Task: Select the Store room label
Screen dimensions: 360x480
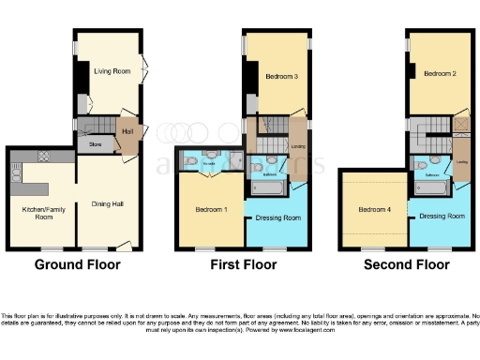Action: [x=95, y=145]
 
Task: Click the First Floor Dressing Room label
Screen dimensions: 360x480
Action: [x=277, y=217]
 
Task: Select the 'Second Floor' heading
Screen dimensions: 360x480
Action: [x=406, y=265]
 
